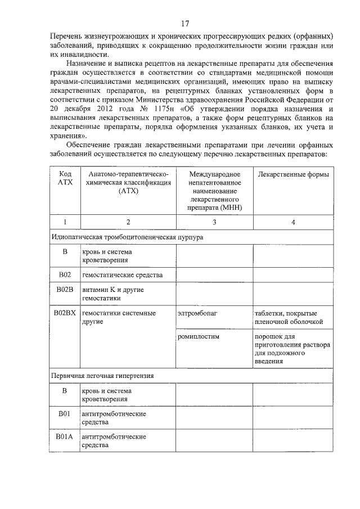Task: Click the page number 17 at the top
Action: click(184, 24)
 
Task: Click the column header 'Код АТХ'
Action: click(65, 178)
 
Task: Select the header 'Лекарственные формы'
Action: click(293, 174)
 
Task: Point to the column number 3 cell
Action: click(214, 222)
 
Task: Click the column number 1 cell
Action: click(65, 222)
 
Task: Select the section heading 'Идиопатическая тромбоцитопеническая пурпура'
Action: click(127, 238)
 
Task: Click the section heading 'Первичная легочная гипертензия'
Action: click(103, 375)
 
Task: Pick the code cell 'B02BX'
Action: click(65, 313)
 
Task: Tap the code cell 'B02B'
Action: click(65, 289)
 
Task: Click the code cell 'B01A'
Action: click(65, 436)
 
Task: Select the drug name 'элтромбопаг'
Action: click(196, 313)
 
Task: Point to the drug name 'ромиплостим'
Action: click(197, 336)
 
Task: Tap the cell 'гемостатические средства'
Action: click(122, 275)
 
